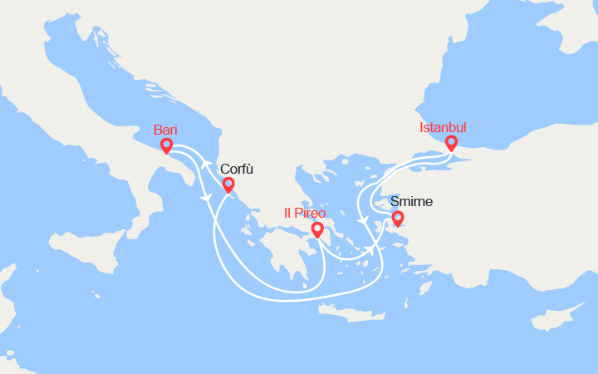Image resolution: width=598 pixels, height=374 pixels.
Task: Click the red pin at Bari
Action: point(166,145)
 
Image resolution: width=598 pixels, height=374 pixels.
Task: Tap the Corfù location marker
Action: point(228,185)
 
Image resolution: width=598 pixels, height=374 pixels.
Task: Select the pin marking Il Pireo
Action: point(316,229)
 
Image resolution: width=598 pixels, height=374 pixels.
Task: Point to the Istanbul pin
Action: point(451,142)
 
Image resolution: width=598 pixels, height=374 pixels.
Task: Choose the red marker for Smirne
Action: point(398,218)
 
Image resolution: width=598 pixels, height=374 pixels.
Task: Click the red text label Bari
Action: point(166,130)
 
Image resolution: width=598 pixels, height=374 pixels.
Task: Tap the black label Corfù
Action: point(237,169)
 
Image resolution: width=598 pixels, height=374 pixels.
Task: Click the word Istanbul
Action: point(443,127)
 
